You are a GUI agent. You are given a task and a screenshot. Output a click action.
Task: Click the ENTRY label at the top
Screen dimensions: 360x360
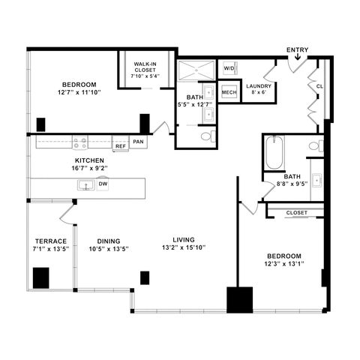[x=297, y=50]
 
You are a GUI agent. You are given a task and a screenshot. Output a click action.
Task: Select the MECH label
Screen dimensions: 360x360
[x=229, y=92]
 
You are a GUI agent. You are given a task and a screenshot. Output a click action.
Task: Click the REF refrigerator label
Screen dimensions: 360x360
[x=120, y=147]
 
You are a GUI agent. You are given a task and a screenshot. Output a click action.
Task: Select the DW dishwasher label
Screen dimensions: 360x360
[x=103, y=184]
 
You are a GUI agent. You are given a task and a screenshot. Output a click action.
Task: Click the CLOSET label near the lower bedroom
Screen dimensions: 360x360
[x=297, y=213]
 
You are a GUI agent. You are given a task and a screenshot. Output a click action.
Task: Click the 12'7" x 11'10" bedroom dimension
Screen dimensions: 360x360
[x=78, y=92]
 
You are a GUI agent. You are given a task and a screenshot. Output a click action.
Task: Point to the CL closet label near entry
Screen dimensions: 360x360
[x=319, y=86]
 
